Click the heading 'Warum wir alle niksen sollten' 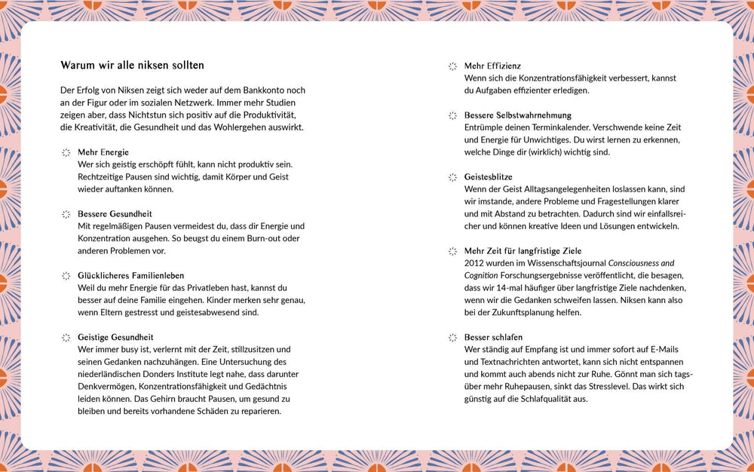click(x=132, y=66)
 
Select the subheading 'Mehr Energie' click(x=103, y=152)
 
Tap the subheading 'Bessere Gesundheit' click(x=115, y=214)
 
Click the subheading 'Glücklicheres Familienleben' click(x=130, y=276)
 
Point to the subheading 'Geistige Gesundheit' click(x=115, y=338)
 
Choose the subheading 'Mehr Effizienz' click(x=492, y=66)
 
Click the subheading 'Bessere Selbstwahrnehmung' click(x=517, y=115)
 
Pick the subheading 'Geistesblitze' click(x=488, y=177)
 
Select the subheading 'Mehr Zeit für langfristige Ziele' click(x=523, y=251)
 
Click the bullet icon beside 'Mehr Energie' click(x=66, y=152)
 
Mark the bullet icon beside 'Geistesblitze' click(x=452, y=177)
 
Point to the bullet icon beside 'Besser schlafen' click(x=452, y=338)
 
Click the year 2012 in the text click(x=474, y=263)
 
